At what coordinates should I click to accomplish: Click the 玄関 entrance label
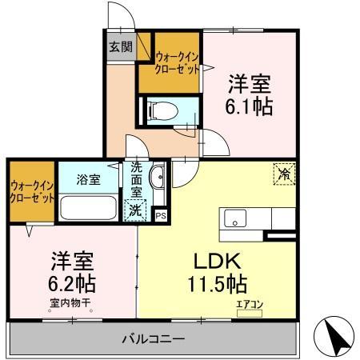[x=121, y=46]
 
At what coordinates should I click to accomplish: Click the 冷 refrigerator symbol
[x=284, y=171]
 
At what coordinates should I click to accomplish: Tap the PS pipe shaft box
[x=161, y=214]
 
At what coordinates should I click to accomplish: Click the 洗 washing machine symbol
[x=138, y=210]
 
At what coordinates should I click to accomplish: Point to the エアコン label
[x=248, y=304]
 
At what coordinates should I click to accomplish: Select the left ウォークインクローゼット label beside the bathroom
[x=33, y=191]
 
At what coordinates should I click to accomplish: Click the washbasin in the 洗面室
[x=158, y=178]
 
